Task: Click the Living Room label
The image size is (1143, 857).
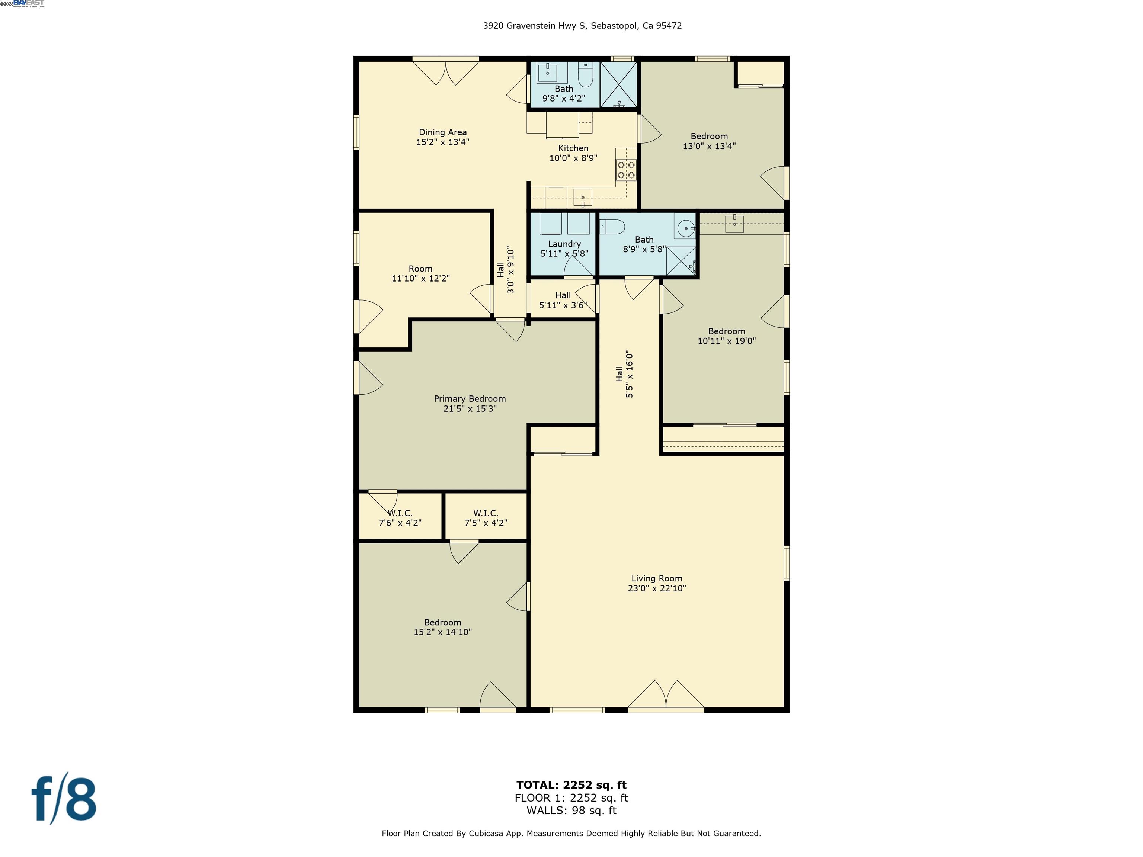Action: (657, 583)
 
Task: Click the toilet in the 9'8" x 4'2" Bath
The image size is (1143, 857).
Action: (585, 76)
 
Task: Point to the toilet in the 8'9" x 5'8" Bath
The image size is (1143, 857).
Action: (612, 226)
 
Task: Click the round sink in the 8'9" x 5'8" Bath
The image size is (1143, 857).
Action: (685, 228)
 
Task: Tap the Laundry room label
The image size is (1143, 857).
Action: (564, 248)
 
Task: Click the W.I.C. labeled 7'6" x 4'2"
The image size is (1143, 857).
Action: (400, 518)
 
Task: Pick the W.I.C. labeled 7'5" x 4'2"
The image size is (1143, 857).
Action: (485, 518)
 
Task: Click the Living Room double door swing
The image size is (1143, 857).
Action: (666, 695)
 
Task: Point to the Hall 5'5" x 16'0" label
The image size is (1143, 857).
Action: (624, 375)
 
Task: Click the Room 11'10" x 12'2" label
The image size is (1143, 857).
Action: (420, 273)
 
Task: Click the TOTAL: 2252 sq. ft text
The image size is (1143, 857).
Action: (571, 785)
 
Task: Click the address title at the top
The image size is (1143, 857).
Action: (582, 26)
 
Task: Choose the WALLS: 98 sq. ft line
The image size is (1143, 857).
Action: (571, 811)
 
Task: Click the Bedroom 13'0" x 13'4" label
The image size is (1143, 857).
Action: (708, 141)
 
